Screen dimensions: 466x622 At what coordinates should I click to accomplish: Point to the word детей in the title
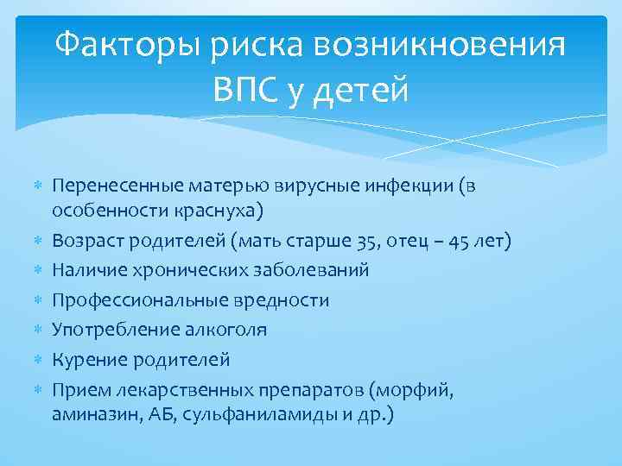point(363,89)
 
